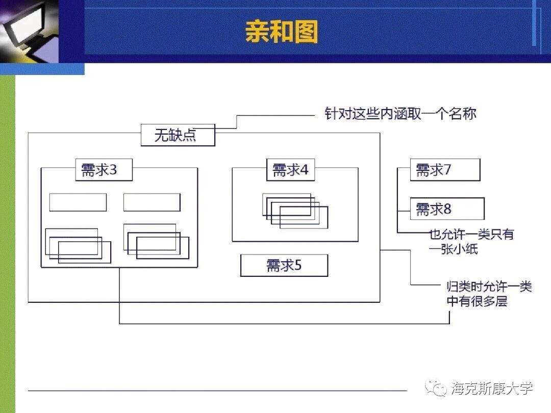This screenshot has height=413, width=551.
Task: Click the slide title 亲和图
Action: (x=281, y=32)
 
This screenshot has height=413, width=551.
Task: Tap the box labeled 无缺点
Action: (x=178, y=135)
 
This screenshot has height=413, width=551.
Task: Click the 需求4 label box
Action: (x=290, y=170)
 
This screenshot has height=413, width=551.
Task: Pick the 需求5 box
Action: (x=284, y=265)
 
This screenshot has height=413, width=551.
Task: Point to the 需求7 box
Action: (x=445, y=170)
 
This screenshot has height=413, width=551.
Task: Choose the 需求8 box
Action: (x=447, y=209)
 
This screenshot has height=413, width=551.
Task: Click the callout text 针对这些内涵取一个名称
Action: (x=400, y=113)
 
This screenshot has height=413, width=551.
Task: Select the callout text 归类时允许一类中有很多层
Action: (x=488, y=294)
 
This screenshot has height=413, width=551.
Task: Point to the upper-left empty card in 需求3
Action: (x=78, y=202)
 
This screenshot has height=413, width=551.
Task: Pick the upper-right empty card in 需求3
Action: (x=152, y=202)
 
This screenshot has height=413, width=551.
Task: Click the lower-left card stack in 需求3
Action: (x=78, y=246)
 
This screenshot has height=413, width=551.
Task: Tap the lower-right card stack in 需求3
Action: (x=156, y=242)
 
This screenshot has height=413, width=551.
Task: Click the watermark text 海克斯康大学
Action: (x=492, y=388)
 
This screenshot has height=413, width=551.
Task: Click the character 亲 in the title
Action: (x=257, y=32)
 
